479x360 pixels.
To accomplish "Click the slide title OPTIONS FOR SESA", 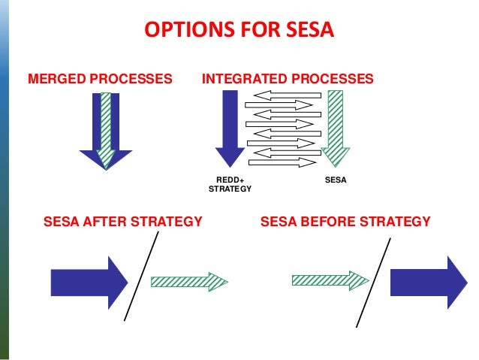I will [239, 31].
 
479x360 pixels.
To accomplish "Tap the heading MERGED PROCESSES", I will [99, 78].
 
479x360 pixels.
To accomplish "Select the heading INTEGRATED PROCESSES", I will [288, 78].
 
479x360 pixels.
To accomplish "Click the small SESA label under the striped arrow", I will [335, 180].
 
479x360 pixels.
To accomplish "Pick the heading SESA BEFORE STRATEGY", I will [345, 222].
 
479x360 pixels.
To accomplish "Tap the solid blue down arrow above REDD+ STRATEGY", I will [230, 128].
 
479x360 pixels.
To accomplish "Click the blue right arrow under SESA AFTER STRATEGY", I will [89, 282].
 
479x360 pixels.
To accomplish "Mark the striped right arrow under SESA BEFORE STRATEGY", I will [330, 280].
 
